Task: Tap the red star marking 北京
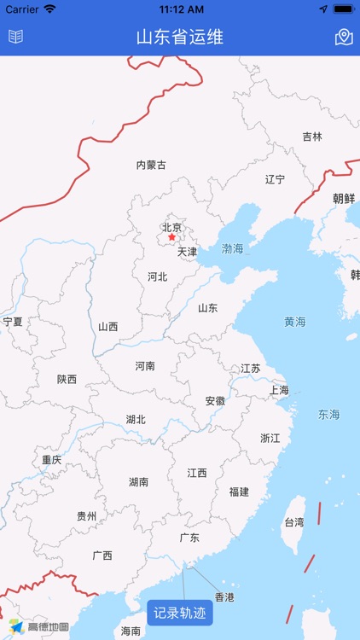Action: pyautogui.click(x=171, y=237)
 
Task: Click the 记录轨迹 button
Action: pyautogui.click(x=180, y=613)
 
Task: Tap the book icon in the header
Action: pyautogui.click(x=15, y=37)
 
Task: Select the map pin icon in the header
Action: pyautogui.click(x=344, y=37)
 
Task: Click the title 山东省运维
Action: pyautogui.click(x=180, y=37)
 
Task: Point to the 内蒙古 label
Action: pyautogui.click(x=151, y=165)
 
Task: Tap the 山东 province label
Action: pyautogui.click(x=208, y=308)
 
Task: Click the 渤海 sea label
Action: pyautogui.click(x=232, y=249)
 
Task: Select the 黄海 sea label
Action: pyautogui.click(x=295, y=322)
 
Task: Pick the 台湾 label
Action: pyautogui.click(x=293, y=521)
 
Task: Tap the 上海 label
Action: pyautogui.click(x=279, y=390)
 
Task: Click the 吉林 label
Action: pyautogui.click(x=312, y=137)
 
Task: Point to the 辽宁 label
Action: pyautogui.click(x=275, y=179)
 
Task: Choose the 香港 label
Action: pyautogui.click(x=224, y=597)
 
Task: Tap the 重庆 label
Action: pyautogui.click(x=52, y=459)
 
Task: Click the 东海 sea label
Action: pyautogui.click(x=328, y=415)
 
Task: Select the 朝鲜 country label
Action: pyautogui.click(x=344, y=198)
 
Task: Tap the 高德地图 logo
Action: pyautogui.click(x=39, y=626)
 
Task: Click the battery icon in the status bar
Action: pyautogui.click(x=343, y=9)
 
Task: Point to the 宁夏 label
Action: pyautogui.click(x=12, y=322)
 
